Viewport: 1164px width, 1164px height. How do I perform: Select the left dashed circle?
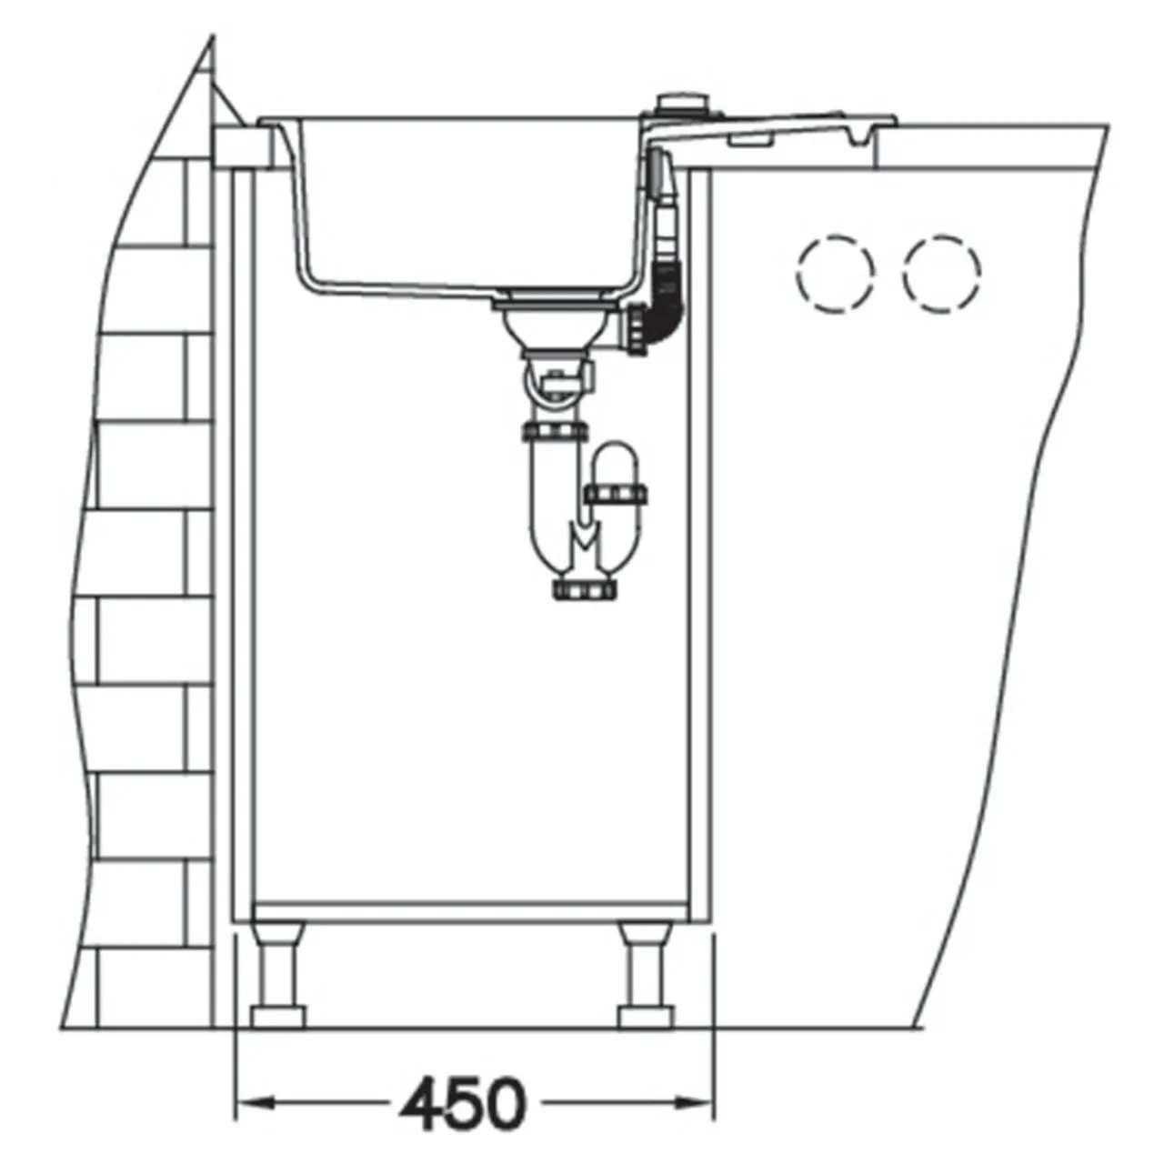[x=836, y=273]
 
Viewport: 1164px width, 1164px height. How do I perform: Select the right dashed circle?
[x=942, y=273]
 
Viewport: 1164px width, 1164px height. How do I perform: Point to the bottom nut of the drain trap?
[x=586, y=588]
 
